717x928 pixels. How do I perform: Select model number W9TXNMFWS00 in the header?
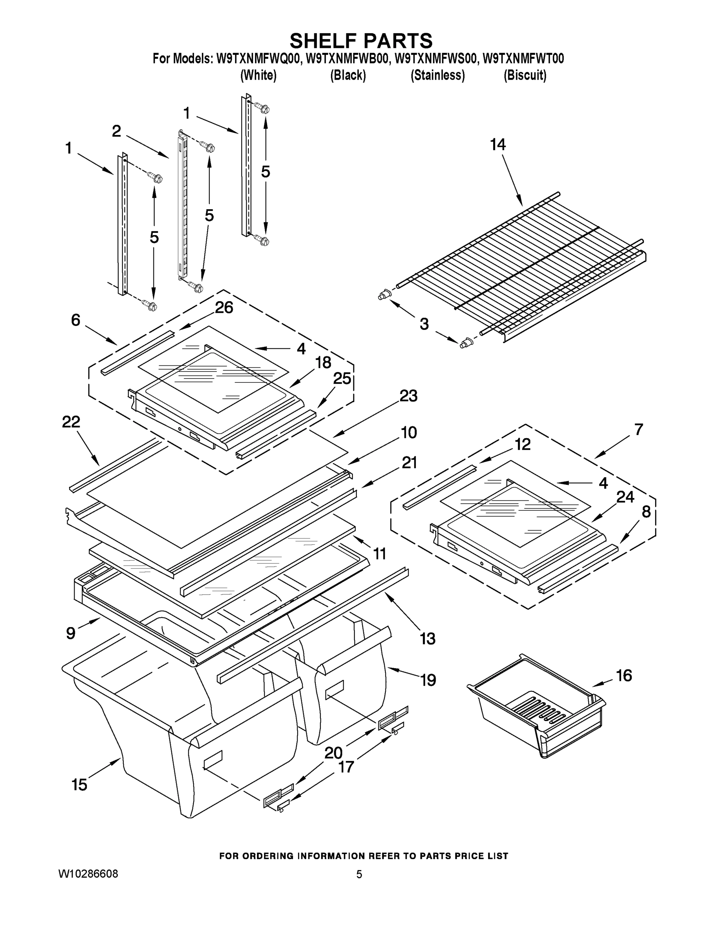tap(436, 59)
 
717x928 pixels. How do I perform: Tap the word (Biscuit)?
tap(525, 75)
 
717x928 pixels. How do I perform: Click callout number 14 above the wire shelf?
tap(498, 145)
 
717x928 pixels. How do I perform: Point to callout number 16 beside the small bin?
tap(623, 675)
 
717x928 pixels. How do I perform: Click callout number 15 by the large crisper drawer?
tap(80, 785)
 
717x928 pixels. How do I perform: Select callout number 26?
tap(224, 308)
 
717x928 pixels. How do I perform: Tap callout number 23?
tap(408, 396)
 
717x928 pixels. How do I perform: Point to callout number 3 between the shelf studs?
tap(424, 324)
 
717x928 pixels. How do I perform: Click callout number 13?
tap(427, 638)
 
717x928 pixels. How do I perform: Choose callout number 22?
tap(71, 422)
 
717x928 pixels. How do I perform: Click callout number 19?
tap(428, 680)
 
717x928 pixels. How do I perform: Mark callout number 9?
tap(71, 633)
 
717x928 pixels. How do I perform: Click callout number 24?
tap(625, 497)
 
